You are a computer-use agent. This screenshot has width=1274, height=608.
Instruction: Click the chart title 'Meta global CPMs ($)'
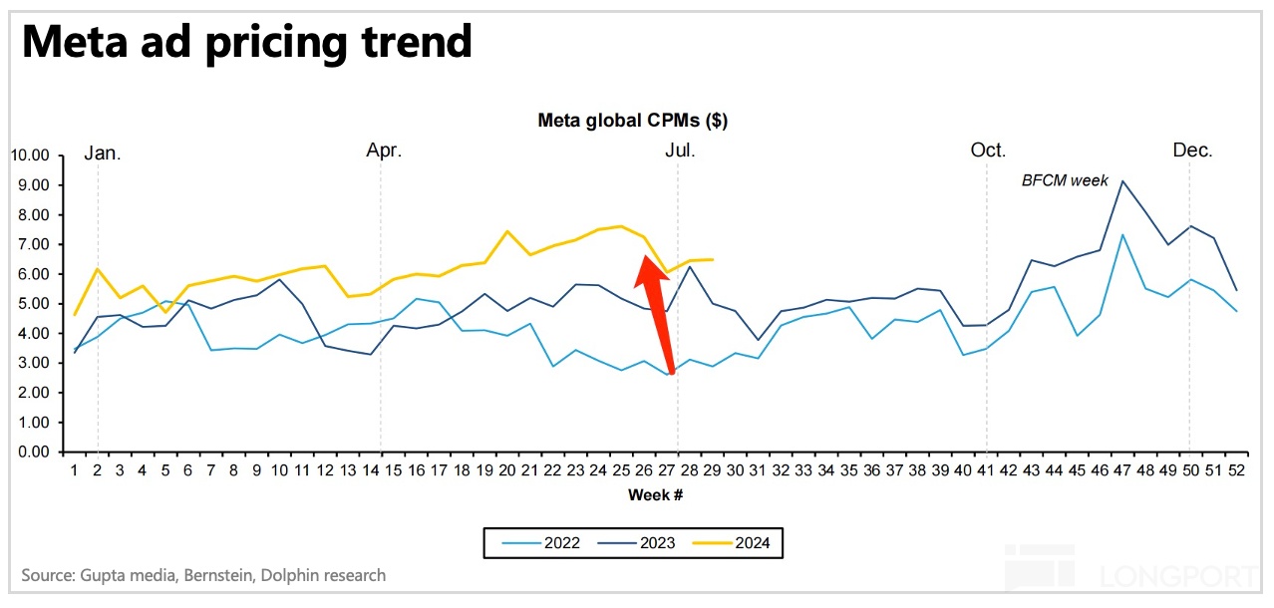pos(632,122)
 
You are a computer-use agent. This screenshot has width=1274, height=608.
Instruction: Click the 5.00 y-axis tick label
pos(32,304)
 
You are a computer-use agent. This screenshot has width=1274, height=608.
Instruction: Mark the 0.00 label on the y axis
pos(32,453)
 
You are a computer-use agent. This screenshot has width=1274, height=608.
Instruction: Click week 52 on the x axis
pos(1236,469)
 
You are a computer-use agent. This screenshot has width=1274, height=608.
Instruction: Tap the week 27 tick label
pos(665,469)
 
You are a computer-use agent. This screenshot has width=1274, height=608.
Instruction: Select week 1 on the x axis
pos(74,469)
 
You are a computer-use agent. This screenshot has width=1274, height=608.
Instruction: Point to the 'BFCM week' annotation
pos(1065,180)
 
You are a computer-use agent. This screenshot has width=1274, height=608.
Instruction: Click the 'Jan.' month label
pos(102,152)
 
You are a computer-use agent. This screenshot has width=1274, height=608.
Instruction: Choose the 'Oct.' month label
pos(988,151)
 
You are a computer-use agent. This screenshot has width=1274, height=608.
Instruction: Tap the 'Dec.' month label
pos(1192,151)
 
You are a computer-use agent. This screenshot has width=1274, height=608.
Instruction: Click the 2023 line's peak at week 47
pos(1122,181)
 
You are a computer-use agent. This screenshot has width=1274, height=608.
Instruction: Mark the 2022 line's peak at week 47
pos(1122,235)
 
